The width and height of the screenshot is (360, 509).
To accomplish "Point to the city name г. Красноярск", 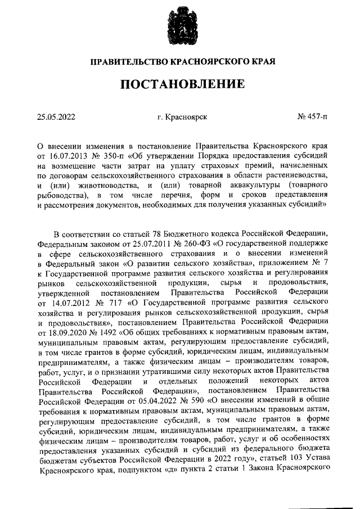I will [x=183, y=118].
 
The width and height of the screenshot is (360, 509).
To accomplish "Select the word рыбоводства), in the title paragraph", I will [x=62, y=195].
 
